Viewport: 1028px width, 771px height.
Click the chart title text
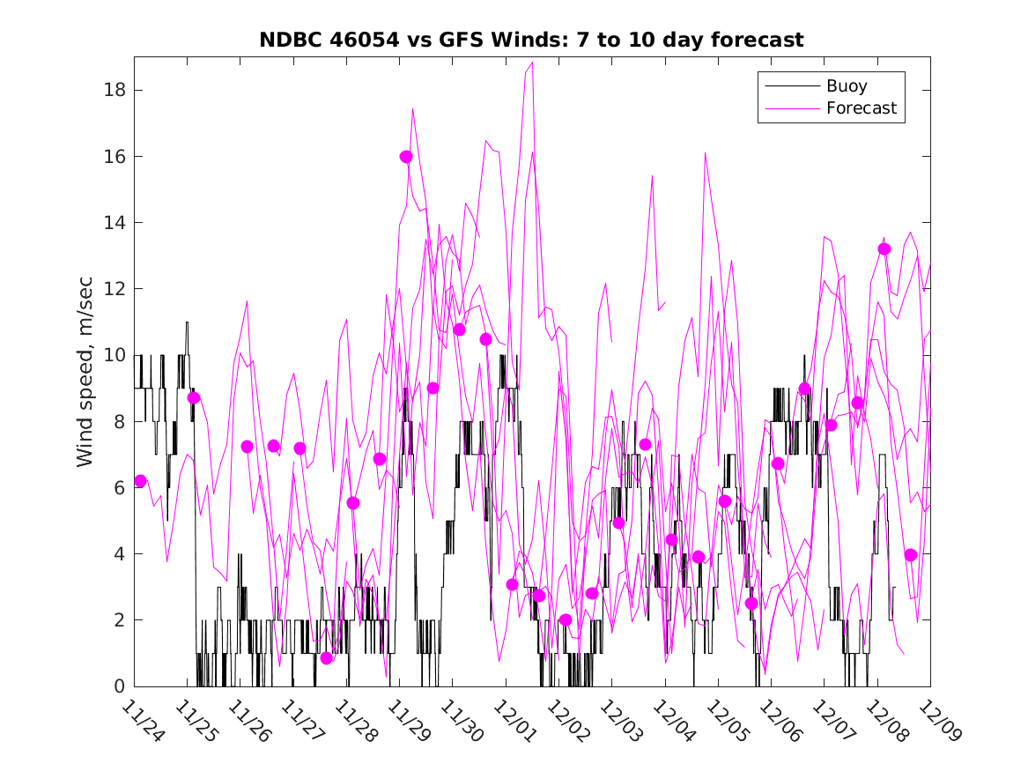pos(531,40)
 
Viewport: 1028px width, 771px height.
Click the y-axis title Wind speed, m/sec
pos(85,371)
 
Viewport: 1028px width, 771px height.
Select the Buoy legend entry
pos(846,86)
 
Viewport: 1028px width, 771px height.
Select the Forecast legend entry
pos(861,108)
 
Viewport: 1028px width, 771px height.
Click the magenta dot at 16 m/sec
pos(406,157)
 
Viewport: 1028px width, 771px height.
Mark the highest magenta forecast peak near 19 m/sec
pos(533,63)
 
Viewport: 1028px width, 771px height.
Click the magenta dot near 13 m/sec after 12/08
pos(884,249)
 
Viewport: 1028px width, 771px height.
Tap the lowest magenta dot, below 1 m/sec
pos(327,658)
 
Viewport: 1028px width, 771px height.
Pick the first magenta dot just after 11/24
pos(140,480)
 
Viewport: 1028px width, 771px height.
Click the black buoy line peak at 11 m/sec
pos(187,322)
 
